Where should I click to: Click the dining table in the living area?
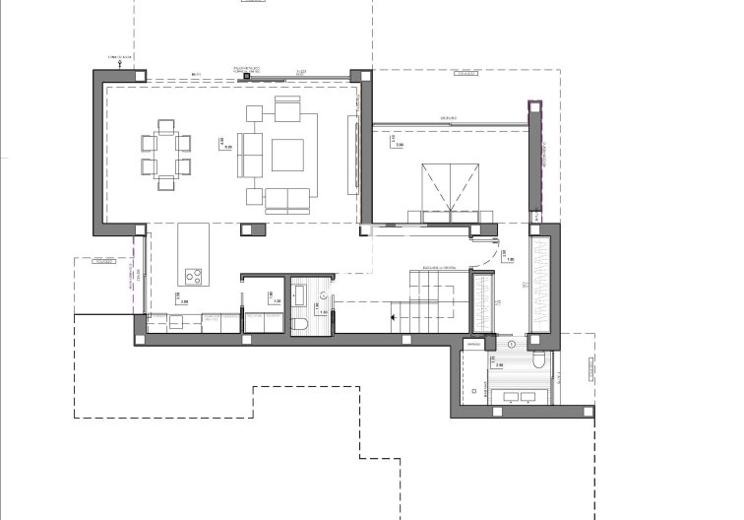(165, 155)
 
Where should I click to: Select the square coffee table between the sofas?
(288, 155)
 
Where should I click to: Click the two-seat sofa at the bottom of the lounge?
(285, 200)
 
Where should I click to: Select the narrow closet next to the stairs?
(482, 305)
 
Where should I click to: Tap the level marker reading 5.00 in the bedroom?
(397, 145)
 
